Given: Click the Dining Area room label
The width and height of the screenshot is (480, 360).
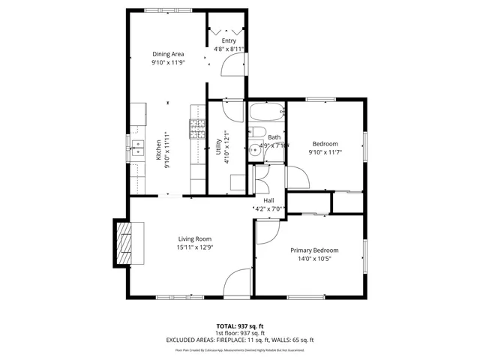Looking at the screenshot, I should pyautogui.click(x=168, y=54).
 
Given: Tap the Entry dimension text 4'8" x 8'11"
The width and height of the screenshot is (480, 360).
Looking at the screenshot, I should pyautogui.click(x=229, y=49).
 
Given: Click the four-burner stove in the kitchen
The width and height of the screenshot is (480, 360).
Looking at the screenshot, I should pyautogui.click(x=197, y=130).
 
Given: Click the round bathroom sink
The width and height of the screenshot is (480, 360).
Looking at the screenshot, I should pyautogui.click(x=255, y=150).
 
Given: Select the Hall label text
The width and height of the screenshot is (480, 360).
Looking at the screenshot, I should pyautogui.click(x=268, y=199).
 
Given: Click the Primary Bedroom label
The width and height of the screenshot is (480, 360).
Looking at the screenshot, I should pyautogui.click(x=314, y=250).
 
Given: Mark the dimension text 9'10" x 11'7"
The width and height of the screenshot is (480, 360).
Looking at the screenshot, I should pyautogui.click(x=325, y=152).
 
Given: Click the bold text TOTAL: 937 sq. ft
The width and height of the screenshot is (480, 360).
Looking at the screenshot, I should pyautogui.click(x=239, y=326).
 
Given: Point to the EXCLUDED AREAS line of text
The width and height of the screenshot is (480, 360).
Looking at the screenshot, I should pyautogui.click(x=239, y=340).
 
